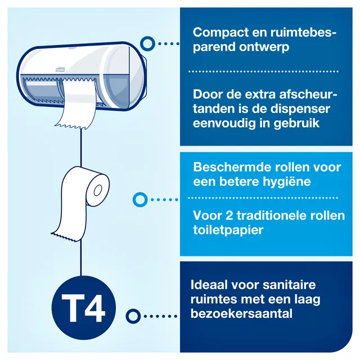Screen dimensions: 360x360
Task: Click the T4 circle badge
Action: (84, 308)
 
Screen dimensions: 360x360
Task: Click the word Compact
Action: (220, 33)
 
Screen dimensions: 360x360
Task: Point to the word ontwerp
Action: (264, 47)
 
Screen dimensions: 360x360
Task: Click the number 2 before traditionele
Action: (229, 215)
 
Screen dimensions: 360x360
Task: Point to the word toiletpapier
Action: (228, 230)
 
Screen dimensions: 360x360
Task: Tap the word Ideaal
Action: (210, 285)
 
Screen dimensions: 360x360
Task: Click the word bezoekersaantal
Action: (241, 314)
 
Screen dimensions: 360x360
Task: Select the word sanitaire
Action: (289, 285)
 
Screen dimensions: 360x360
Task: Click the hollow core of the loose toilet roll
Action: (98, 190)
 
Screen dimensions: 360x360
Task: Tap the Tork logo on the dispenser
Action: (60, 70)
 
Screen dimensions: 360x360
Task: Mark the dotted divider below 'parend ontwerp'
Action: (263, 71)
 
